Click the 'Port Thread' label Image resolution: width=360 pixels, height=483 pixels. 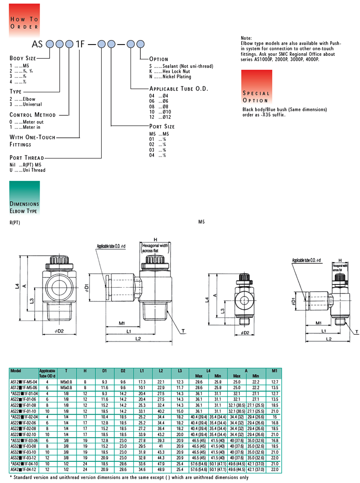pyautogui.click(x=27, y=158)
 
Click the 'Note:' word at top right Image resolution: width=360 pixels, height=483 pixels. pyautogui.click(x=247, y=38)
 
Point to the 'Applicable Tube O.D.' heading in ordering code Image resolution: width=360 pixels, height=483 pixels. pyautogui.click(x=179, y=89)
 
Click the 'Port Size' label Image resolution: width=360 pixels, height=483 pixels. pyautogui.click(x=162, y=126)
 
